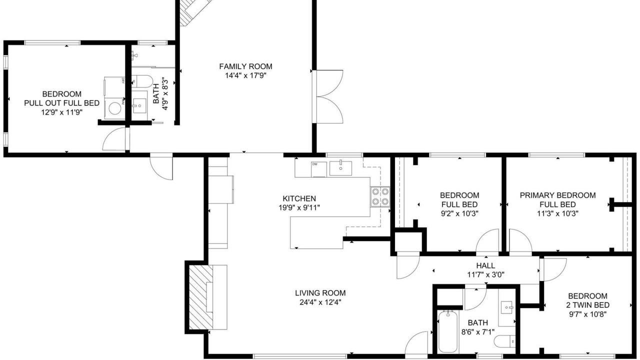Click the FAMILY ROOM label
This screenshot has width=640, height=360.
245,66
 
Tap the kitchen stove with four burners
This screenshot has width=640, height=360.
380,196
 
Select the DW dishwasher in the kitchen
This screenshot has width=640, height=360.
319,169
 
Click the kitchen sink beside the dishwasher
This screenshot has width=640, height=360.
340,168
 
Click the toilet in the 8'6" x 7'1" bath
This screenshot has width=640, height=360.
505,341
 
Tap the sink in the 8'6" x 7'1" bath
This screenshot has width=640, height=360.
507,308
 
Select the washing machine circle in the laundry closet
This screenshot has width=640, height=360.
115,108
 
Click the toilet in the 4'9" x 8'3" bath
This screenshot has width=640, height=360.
141,81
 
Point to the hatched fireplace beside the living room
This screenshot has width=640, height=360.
201,297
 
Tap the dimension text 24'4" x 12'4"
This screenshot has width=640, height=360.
320,302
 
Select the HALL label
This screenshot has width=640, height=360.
485,265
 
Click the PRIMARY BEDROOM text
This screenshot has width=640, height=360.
557,195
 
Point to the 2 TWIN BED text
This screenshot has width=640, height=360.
587,305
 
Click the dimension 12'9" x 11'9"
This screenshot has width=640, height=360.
61,112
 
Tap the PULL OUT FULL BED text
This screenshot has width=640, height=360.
61,103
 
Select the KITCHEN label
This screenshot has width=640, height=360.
299,198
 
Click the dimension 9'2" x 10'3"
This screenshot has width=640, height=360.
459,213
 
